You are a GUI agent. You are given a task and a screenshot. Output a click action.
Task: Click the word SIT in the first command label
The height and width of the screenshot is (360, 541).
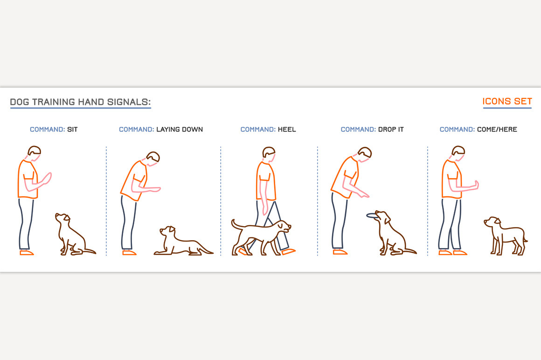72,130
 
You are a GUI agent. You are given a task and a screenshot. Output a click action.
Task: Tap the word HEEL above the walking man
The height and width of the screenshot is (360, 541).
287,130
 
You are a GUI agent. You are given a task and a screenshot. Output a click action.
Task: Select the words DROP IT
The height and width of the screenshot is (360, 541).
390,130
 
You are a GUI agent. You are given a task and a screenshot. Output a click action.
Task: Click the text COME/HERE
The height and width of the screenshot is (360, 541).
497,130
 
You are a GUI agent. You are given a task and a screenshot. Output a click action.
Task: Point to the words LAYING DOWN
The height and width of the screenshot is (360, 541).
180,130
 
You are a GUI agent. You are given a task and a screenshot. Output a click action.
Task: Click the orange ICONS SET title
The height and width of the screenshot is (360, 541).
507,101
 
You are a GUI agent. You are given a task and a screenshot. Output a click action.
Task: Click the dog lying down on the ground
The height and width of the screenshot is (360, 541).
183,242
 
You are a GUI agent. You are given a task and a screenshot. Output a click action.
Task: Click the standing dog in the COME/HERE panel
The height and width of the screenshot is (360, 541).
506,236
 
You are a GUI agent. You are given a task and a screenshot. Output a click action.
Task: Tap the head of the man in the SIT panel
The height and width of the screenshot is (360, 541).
35,152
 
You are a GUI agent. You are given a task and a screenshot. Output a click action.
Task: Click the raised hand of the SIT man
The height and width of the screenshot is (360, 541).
46,178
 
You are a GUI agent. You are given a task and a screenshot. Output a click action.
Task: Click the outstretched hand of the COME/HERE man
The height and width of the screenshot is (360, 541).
475,185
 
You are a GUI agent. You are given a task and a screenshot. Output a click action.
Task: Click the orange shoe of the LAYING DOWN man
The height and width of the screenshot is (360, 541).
129,253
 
